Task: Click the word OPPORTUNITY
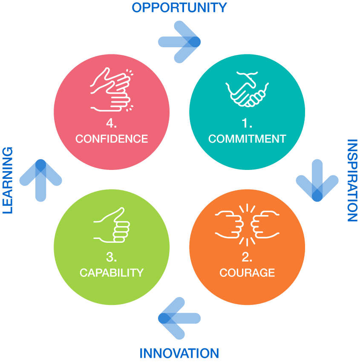(179, 8)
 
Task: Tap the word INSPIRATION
(352, 180)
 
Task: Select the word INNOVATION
(179, 353)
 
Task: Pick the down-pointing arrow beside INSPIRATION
(317, 181)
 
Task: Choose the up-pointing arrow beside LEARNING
(40, 180)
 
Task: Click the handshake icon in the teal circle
(247, 89)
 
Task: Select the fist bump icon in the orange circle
(247, 225)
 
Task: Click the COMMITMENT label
(247, 139)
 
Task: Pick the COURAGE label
(247, 273)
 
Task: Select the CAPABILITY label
(112, 273)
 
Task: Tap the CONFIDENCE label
(112, 139)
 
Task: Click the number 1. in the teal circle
(247, 124)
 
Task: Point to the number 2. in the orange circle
(247, 257)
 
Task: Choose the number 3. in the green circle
(112, 257)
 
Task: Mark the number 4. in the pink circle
(112, 124)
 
